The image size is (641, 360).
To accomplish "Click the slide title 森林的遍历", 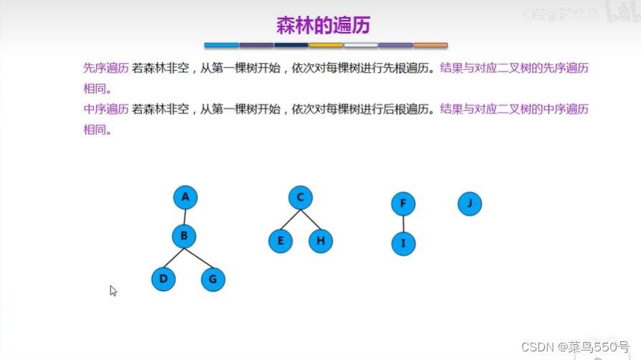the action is (323, 25).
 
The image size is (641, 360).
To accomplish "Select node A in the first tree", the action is (185, 197).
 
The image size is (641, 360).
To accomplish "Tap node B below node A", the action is (184, 235).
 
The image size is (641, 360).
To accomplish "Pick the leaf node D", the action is (163, 279).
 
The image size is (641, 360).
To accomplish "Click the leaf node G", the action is (213, 279).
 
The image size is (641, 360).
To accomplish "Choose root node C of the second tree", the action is (300, 197).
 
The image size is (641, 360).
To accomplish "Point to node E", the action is (280, 241).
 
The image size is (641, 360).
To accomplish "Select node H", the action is (320, 241).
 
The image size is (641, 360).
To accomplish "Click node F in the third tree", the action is (403, 204).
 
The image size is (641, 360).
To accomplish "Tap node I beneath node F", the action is (403, 244).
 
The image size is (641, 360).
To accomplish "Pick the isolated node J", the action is (470, 204).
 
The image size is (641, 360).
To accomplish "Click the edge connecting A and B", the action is (185, 217).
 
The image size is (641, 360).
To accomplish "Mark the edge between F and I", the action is (403, 224).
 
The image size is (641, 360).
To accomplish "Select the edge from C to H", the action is (310, 219).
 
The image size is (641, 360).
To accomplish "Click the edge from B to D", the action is (174, 257).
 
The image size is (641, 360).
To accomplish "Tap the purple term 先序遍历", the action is (106, 69).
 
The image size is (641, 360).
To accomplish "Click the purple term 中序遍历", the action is (106, 110).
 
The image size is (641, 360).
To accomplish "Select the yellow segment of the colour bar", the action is (326, 45).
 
